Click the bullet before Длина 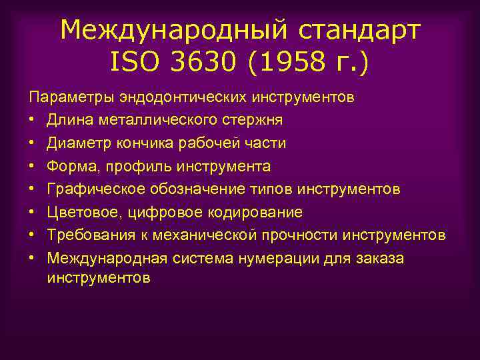(x=32, y=121)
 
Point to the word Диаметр (x=82, y=143)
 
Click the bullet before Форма (x=32, y=167)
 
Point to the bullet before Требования (x=32, y=235)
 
